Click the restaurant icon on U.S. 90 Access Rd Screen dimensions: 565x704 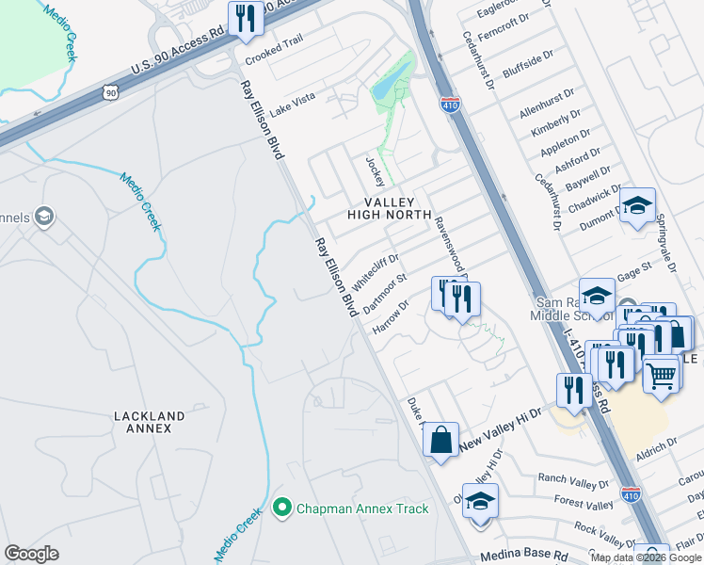point(247,19)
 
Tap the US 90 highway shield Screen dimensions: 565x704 point(111,92)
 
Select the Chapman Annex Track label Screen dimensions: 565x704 point(362,508)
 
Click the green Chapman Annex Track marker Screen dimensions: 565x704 point(280,508)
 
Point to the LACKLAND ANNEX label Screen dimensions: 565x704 point(142,421)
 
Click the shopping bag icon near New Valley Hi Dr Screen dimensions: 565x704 point(440,439)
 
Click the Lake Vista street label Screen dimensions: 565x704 point(293,104)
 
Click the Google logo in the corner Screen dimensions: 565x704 point(31,553)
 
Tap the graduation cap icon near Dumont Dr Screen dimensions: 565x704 point(637,205)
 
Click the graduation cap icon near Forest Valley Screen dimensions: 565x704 point(480,501)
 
